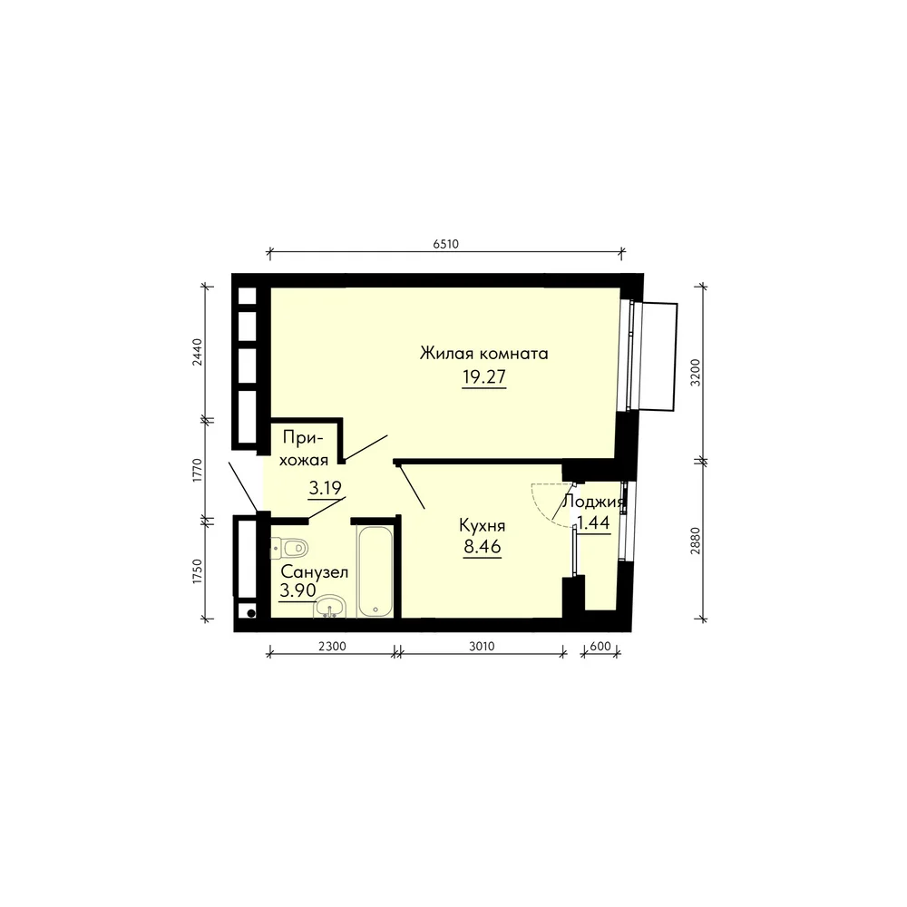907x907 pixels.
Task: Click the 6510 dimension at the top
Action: [x=445, y=244]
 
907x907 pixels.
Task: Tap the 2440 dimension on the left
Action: [x=198, y=352]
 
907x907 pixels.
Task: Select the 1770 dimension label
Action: [x=198, y=470]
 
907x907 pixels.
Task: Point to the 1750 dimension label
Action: [x=198, y=571]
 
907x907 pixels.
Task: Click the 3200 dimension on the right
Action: [x=696, y=373]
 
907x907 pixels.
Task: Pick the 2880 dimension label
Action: [x=696, y=541]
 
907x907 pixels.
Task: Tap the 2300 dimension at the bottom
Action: [x=332, y=646]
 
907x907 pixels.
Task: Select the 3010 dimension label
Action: [x=482, y=646]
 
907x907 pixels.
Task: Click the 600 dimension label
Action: [x=600, y=646]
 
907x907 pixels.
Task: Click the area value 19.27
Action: [x=484, y=376]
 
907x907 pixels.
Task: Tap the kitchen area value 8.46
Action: [x=483, y=546]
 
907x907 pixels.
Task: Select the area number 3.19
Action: [x=325, y=488]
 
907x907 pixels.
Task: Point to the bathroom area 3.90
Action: [x=297, y=590]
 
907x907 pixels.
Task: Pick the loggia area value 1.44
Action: [x=593, y=523]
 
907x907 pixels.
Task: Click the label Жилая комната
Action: [x=484, y=353]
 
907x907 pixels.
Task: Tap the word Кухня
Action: [x=483, y=525]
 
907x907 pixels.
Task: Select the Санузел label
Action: [x=314, y=572]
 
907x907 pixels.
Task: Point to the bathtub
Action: [x=375, y=571]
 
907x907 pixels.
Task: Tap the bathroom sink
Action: [x=330, y=607]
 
